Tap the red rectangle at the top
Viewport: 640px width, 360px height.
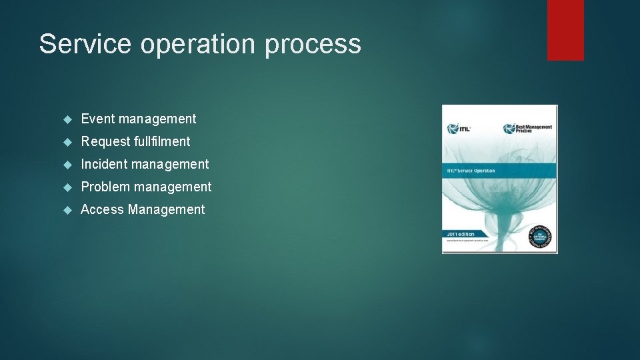[x=565, y=29]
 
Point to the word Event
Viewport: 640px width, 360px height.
[x=97, y=119]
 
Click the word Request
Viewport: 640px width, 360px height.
[x=106, y=141]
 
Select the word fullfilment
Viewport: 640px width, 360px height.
[x=163, y=141]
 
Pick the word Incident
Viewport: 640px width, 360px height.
[x=104, y=164]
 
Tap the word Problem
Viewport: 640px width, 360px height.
[x=105, y=187]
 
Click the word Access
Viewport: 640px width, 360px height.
[x=102, y=209]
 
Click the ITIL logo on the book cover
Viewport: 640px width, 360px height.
[x=461, y=128]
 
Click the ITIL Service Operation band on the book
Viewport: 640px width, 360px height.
[x=499, y=171]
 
